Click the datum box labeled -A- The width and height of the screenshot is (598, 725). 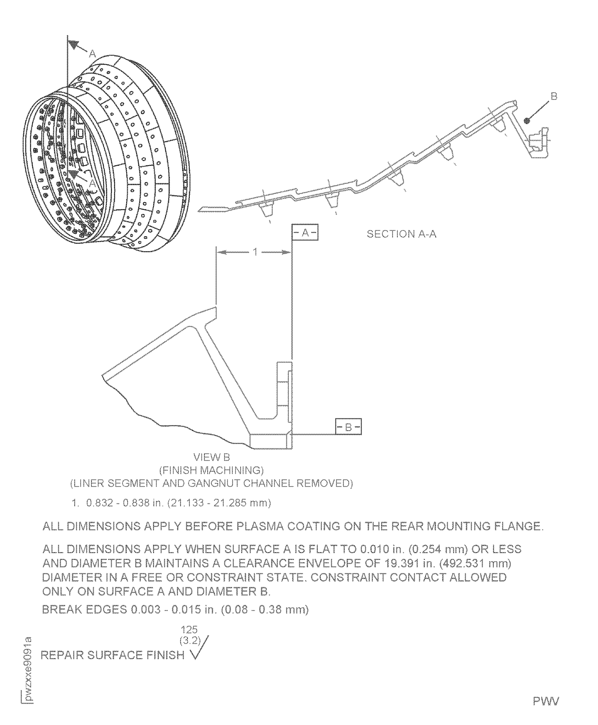pos(305,233)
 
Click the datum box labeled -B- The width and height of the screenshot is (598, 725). pos(348,427)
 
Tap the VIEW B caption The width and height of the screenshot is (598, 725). pos(212,457)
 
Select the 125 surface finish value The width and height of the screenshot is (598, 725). pos(189,630)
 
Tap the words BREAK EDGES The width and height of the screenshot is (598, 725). pos(84,610)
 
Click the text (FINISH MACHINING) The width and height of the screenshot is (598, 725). pos(212,470)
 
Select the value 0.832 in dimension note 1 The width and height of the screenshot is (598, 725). pos(99,503)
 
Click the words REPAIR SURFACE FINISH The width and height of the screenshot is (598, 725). pos(113,655)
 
